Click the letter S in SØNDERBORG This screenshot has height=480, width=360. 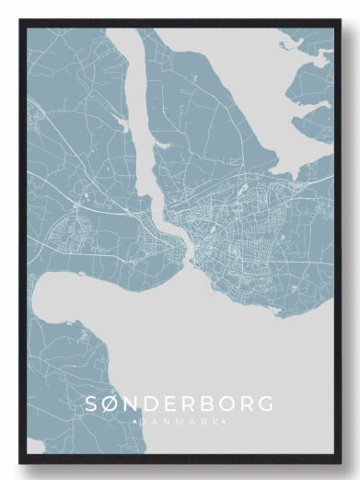(92, 404)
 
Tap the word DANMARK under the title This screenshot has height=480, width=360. (179, 422)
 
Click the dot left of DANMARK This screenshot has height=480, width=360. (135, 422)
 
